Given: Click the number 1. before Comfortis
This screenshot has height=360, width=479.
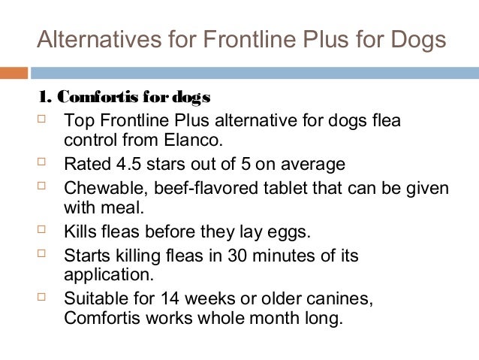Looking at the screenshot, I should point(45,98).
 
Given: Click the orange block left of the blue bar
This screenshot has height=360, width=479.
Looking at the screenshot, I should point(14,73).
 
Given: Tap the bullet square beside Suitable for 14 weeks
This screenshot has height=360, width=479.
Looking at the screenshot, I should point(43,297).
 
